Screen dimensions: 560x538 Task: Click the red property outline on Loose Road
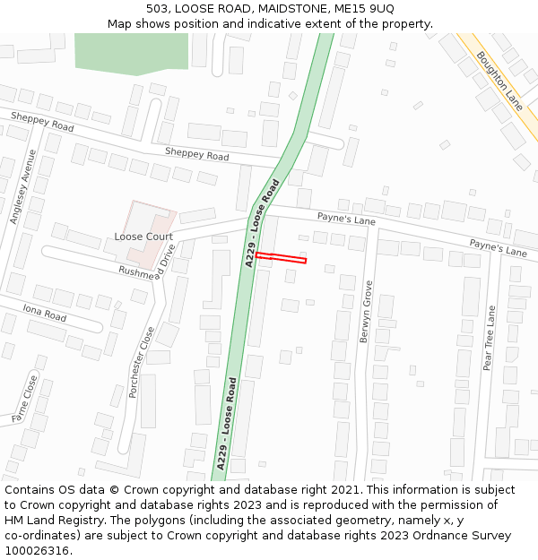[x=281, y=258]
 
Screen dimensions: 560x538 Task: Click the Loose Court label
[x=143, y=237]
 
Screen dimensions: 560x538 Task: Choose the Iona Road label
[x=45, y=314]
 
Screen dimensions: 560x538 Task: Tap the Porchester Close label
[x=142, y=362]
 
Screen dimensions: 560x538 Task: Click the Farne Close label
[x=24, y=400]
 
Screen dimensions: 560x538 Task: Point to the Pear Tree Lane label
[x=489, y=338]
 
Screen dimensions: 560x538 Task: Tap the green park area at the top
[x=131, y=53]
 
